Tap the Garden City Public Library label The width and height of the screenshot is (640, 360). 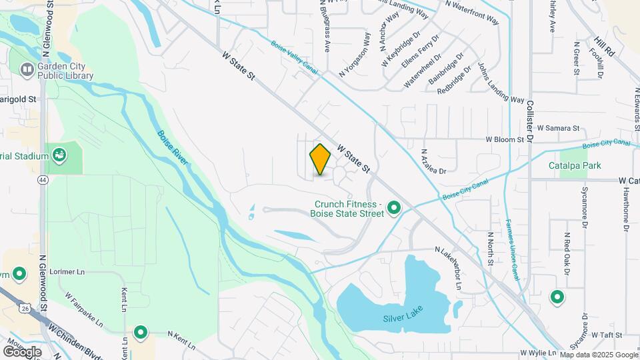coord(65,70)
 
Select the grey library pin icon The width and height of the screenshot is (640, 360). coord(27,69)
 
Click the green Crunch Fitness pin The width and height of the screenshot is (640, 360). coord(393,209)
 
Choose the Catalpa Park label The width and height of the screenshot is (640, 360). coord(575,165)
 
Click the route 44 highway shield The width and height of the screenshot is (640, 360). coord(42,180)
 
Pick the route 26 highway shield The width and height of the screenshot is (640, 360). coord(25,308)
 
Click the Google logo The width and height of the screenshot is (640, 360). coord(22,351)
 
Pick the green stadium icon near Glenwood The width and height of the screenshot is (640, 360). coord(59,155)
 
